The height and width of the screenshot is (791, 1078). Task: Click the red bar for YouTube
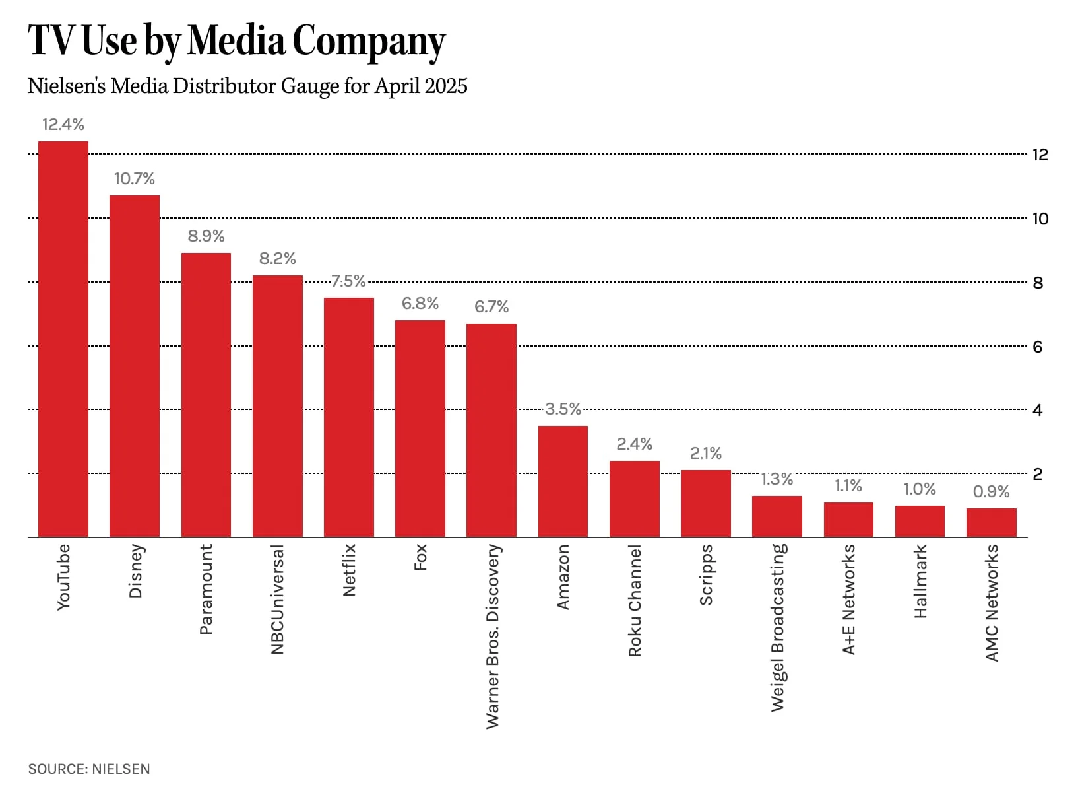tap(63, 339)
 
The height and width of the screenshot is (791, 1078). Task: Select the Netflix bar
tap(349, 417)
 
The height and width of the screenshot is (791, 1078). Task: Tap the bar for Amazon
tap(563, 481)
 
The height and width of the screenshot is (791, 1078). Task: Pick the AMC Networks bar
tap(991, 522)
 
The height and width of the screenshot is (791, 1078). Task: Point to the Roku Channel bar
tap(634, 499)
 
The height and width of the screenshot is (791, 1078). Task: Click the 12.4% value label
tap(63, 124)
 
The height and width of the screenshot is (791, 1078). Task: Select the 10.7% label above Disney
tap(135, 178)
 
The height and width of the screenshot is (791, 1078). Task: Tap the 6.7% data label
tap(491, 306)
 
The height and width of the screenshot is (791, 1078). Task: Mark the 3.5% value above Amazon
tap(563, 409)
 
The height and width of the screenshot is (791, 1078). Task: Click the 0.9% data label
tap(991, 491)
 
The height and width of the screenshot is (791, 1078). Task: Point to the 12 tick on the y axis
tap(1040, 155)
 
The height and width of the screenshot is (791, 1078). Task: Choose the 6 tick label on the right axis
tap(1037, 347)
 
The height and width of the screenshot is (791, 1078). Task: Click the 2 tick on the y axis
tap(1037, 474)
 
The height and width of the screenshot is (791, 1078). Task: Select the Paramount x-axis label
tap(206, 589)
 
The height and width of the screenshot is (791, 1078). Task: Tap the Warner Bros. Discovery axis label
tap(492, 636)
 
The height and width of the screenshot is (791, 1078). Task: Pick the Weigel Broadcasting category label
tap(778, 627)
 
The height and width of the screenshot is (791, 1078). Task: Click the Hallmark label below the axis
tap(920, 581)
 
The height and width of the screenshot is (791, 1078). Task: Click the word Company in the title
tap(369, 41)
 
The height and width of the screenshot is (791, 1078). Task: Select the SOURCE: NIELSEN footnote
tap(89, 769)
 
